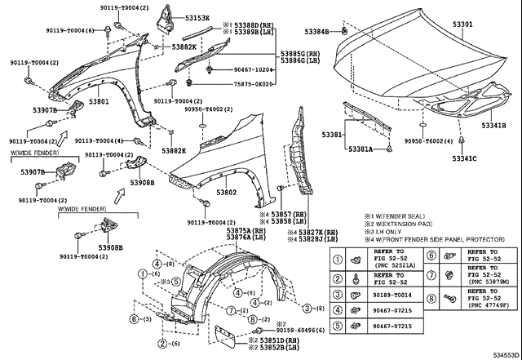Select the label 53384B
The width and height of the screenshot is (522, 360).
click(316, 32)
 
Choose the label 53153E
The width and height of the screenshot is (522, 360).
click(196, 17)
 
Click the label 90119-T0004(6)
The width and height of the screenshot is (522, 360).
click(71, 30)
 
